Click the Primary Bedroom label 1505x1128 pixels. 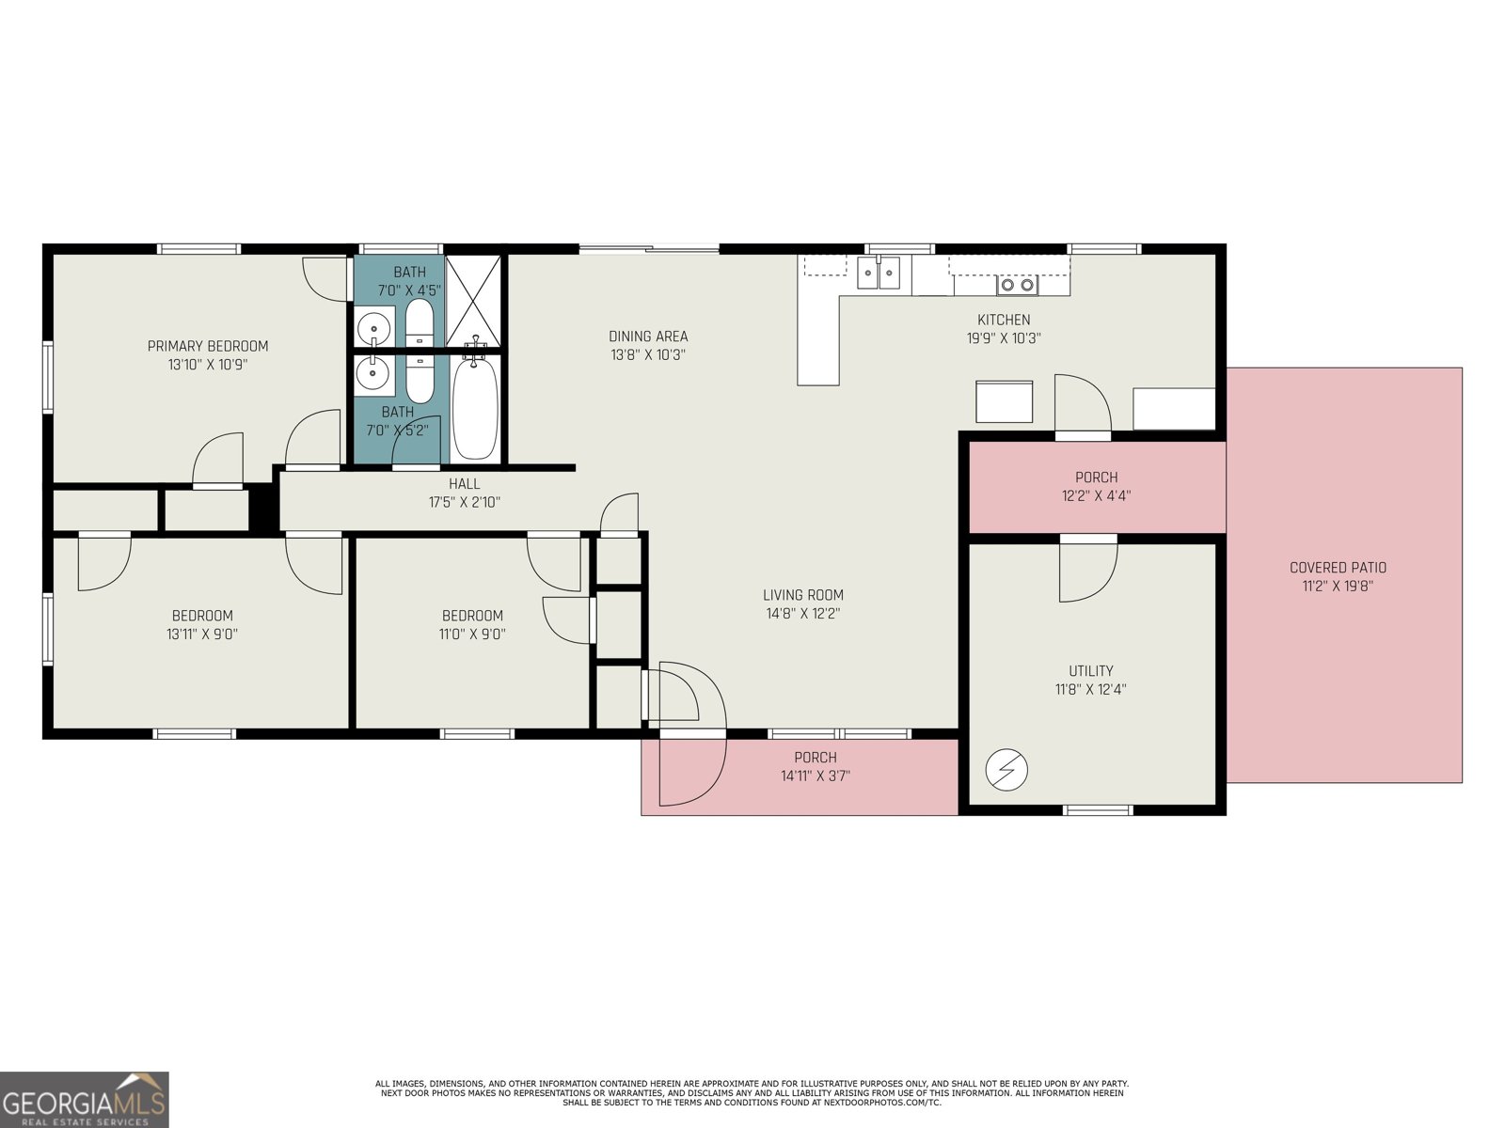208,346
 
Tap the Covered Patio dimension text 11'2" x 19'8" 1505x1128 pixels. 1338,586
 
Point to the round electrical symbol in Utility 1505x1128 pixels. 1006,771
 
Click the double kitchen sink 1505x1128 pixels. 878,274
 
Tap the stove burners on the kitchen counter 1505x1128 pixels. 1017,284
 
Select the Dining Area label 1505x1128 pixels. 648,336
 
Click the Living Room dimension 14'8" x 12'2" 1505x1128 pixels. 802,613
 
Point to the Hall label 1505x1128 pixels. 464,483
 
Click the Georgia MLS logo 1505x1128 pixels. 84,1100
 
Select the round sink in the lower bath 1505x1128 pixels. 372,373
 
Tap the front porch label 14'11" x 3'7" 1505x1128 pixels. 815,775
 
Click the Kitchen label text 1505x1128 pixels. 1004,320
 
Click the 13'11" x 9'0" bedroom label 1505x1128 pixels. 201,634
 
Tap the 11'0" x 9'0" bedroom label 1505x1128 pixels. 472,634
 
